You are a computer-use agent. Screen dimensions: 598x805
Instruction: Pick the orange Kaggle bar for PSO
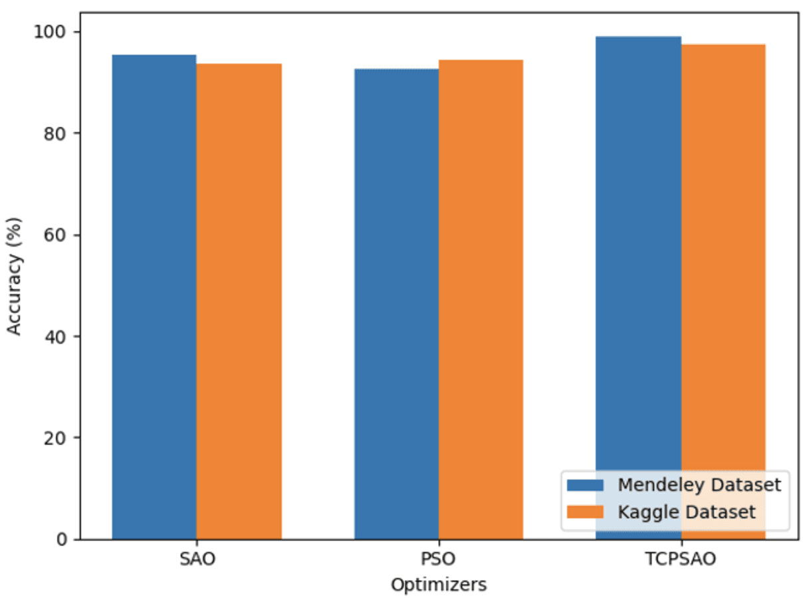[x=481, y=299]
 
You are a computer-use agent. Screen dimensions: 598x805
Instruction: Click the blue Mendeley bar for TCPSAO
[x=638, y=252]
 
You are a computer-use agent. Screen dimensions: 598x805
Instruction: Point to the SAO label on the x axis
[x=197, y=559]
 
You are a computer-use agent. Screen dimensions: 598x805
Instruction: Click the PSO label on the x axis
[x=439, y=559]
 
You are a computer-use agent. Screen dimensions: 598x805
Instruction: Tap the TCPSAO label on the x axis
[x=681, y=559]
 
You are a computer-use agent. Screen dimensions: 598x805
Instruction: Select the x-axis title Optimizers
[x=439, y=585]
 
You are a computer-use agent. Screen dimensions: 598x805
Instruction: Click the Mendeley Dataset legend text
[x=699, y=484]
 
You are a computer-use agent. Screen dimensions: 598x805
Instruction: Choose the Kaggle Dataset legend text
[x=687, y=512]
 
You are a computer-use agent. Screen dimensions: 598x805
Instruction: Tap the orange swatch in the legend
[x=584, y=512]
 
